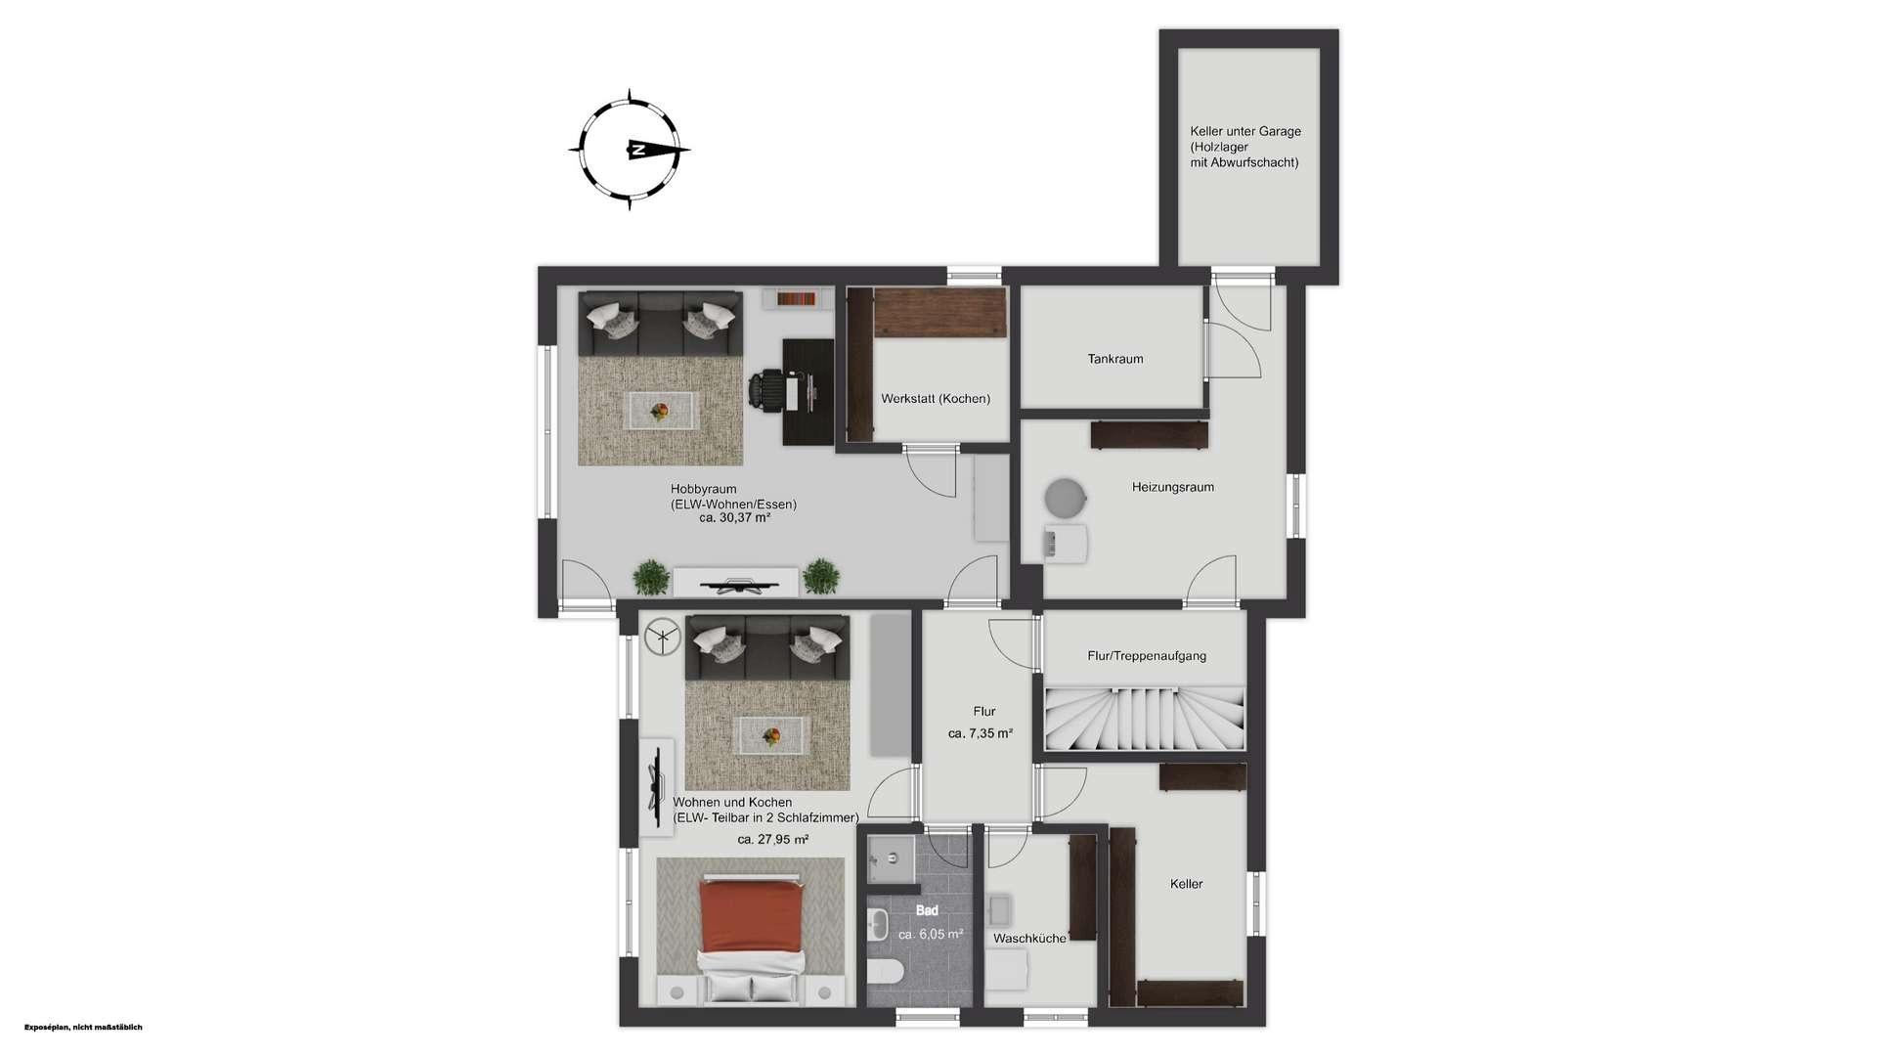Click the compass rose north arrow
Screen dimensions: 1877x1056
[x=653, y=150]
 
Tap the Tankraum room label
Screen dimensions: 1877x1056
[x=1115, y=359]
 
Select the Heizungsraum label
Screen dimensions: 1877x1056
[x=1173, y=487]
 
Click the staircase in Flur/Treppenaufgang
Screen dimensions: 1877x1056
[x=1145, y=719]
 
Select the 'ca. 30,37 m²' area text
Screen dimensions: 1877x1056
[x=734, y=518]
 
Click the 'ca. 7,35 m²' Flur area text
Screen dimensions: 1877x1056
[x=981, y=732]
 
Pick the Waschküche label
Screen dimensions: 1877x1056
[x=1029, y=938]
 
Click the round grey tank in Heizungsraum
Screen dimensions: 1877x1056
[x=1065, y=498]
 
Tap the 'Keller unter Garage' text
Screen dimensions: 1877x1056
[x=1245, y=131]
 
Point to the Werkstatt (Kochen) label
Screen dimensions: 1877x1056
[x=936, y=398]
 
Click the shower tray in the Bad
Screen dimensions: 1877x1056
[x=891, y=858]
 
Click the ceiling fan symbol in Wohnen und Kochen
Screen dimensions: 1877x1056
[x=662, y=638]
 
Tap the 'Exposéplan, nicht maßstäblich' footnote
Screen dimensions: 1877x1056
[x=83, y=1027]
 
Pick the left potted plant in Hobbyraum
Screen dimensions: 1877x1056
[x=651, y=577]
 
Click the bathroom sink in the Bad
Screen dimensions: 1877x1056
[x=877, y=924]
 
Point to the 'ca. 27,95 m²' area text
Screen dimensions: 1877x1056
[x=772, y=839]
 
